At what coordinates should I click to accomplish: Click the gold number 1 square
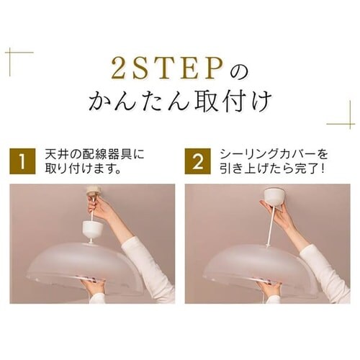(22, 161)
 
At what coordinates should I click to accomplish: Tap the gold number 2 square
(197, 161)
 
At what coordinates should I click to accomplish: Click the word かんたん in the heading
(138, 102)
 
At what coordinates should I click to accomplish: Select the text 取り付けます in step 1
(79, 169)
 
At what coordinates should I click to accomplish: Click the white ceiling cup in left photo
(93, 230)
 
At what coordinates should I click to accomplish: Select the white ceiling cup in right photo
(274, 197)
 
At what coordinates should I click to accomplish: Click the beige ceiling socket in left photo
(93, 190)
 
